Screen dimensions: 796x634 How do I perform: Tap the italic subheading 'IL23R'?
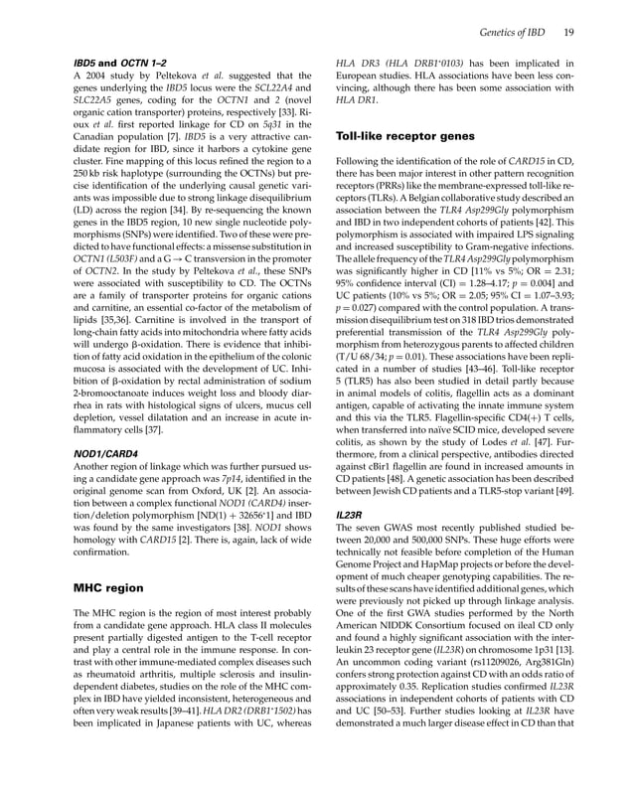tap(349, 517)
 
